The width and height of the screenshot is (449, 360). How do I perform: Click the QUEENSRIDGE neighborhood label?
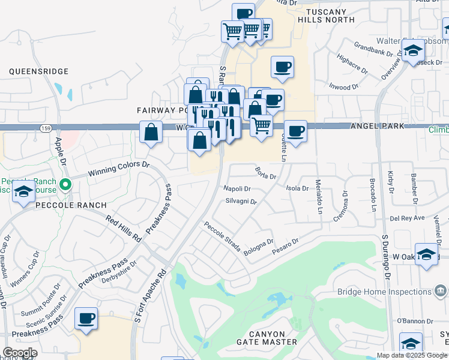point(39,71)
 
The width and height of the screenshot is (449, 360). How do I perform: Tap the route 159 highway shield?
point(46,128)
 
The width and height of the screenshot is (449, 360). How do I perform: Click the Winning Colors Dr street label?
point(118,168)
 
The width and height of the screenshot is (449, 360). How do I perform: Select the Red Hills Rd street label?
point(123,229)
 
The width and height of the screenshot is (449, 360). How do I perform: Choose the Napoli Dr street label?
point(237,188)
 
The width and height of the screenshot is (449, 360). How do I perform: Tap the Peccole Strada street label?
point(221,238)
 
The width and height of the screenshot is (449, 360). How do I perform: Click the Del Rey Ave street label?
point(407,218)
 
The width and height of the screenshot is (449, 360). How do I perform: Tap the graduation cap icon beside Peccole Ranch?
point(23,192)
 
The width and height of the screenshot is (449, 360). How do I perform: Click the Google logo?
point(20,353)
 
